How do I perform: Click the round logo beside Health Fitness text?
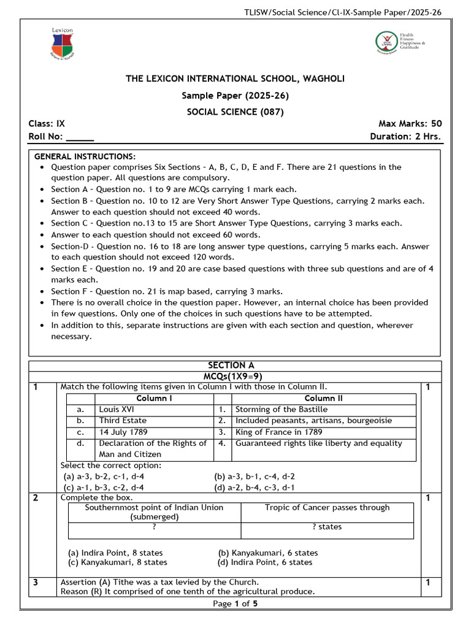(386, 42)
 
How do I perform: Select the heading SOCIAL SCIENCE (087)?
(235, 112)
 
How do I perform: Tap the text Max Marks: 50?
(410, 123)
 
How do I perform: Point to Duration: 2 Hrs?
(405, 137)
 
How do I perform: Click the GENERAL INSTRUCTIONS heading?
(85, 156)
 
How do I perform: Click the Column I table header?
(154, 398)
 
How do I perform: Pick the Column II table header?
(323, 398)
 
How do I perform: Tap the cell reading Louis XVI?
(117, 409)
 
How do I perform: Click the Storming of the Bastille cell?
(281, 409)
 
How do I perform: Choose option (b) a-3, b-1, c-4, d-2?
(254, 476)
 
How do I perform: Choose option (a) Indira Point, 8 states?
(115, 553)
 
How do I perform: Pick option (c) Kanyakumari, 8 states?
(117, 562)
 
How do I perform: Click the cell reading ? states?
(327, 527)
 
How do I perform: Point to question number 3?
(36, 582)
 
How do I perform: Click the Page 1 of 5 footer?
(235, 603)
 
